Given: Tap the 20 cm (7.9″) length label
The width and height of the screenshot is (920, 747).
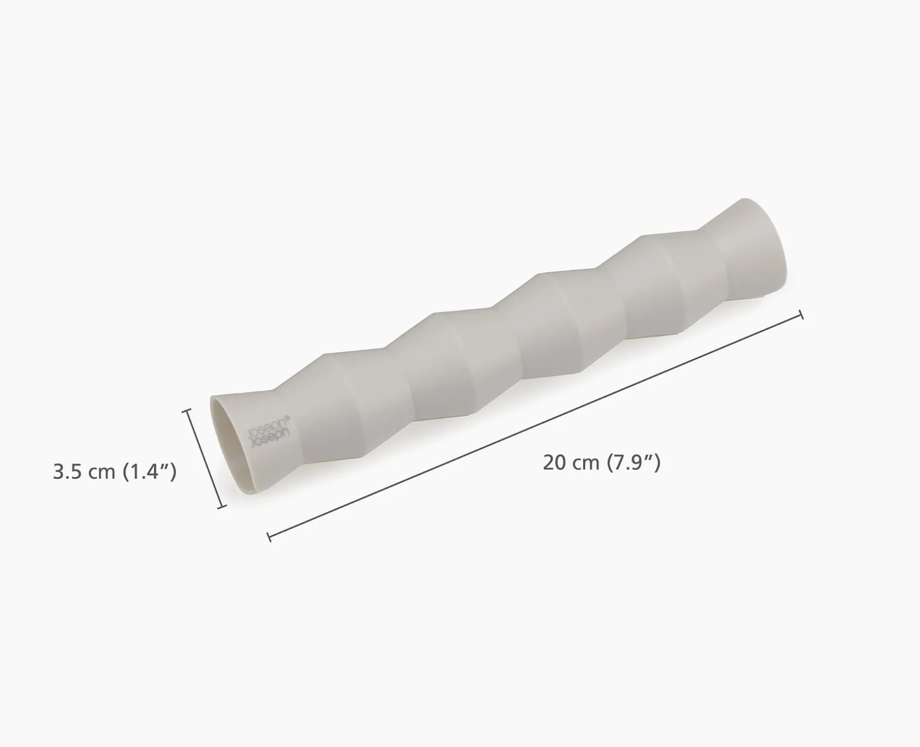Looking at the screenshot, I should [602, 463].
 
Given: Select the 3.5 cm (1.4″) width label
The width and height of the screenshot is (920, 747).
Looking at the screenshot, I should [115, 471].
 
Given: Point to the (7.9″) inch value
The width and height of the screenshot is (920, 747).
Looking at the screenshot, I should [633, 463].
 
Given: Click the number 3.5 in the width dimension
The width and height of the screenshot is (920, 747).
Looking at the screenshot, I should [68, 471].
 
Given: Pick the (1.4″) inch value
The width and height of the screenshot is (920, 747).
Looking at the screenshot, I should [150, 471].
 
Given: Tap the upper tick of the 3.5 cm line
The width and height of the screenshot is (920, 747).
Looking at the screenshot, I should [186, 411].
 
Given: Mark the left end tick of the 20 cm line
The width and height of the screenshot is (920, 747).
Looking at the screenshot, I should [269, 538].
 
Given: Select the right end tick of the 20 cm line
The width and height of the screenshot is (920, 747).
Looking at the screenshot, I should [802, 315].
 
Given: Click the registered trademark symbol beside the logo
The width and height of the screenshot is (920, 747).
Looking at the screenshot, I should [288, 417].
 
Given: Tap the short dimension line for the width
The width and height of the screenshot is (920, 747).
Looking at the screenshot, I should [204, 459].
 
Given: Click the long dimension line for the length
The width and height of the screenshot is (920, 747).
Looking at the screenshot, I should [535, 426].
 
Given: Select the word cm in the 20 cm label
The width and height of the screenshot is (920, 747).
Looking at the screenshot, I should [585, 463].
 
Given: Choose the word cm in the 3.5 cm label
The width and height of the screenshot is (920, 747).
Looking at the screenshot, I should [102, 471].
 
